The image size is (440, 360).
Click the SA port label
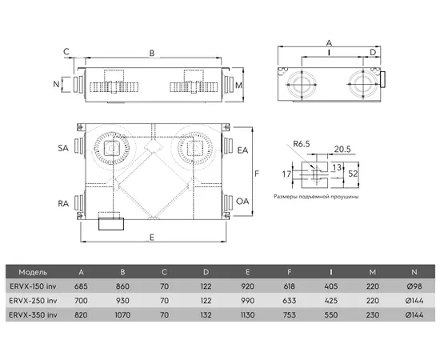coord(63,148)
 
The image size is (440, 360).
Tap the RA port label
coord(63,203)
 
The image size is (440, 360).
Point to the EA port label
coord(242,150)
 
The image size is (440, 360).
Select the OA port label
coord(242,201)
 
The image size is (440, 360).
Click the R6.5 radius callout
coord(302,144)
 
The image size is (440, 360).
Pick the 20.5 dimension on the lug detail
coord(342,149)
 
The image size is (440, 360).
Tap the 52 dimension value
coord(353,174)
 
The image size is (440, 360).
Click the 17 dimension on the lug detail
coord(286,174)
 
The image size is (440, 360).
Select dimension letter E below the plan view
coord(152,238)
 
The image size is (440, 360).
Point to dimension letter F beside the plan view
coord(257,174)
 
